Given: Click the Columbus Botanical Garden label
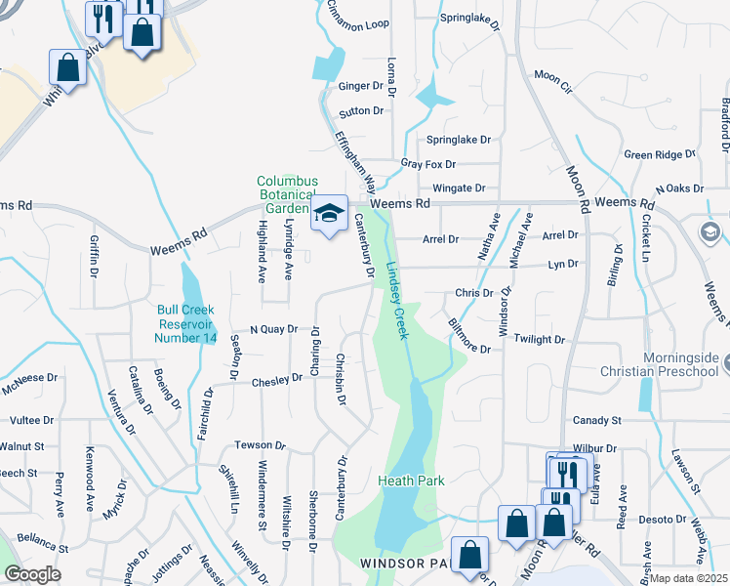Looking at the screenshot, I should click(287, 194).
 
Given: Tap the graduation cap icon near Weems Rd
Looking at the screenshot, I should click(330, 212).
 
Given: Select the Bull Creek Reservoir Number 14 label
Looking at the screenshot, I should click(185, 324).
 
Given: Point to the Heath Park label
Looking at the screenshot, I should click(411, 481).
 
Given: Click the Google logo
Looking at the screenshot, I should click(32, 573).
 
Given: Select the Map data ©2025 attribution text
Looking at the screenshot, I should click(688, 578).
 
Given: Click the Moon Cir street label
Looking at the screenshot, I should click(551, 75).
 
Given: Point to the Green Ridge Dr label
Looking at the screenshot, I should click(660, 154).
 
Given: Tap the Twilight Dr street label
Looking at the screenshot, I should click(541, 339).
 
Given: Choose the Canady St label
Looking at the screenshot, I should click(596, 420).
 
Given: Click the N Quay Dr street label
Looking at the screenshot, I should click(272, 329).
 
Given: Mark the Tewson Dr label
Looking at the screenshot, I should click(260, 444).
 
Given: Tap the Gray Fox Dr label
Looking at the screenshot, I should click(427, 164).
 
